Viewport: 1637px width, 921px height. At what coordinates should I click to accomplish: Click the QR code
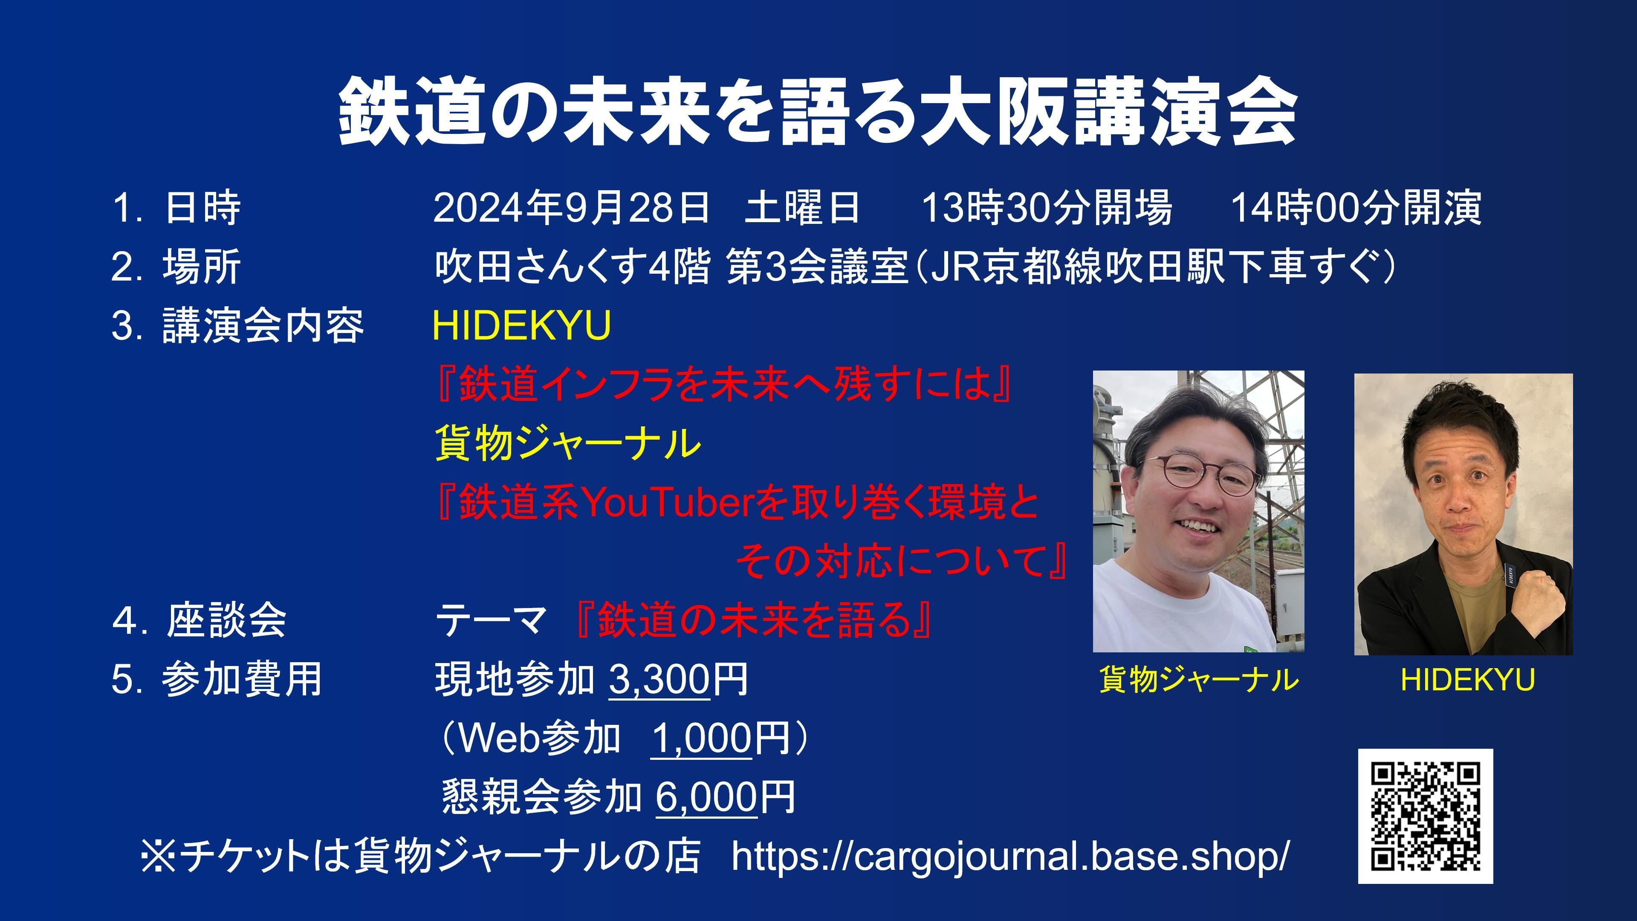(1426, 816)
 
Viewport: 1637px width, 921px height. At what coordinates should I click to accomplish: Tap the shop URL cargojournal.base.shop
(1010, 856)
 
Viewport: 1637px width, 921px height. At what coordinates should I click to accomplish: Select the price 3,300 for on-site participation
(659, 679)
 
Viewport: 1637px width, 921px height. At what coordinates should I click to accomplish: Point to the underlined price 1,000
(702, 738)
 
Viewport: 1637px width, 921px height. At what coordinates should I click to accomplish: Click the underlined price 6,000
(707, 797)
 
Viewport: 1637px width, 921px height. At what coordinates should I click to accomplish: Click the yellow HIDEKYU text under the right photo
(1467, 680)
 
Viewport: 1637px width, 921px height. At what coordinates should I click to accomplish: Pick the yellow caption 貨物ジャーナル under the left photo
(1198, 680)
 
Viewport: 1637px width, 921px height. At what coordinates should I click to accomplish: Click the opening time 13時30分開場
(1047, 207)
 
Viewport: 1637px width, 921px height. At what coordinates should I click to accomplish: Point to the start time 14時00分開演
(1356, 207)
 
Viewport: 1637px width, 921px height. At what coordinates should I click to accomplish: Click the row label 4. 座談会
(200, 620)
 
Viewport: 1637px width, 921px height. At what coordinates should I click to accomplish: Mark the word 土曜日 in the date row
(802, 207)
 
